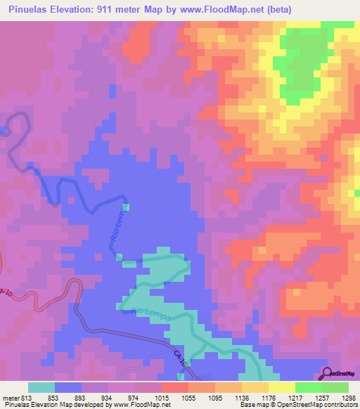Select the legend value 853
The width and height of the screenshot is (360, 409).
55,398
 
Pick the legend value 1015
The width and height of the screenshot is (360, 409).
162,398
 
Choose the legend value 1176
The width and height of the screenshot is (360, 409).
270,398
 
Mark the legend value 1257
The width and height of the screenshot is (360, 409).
323,398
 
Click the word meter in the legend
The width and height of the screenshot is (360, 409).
8,398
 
